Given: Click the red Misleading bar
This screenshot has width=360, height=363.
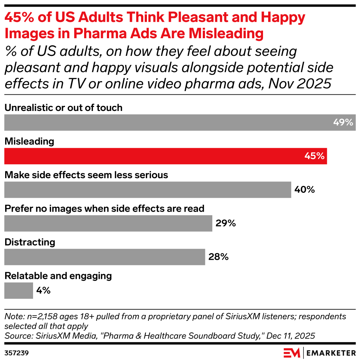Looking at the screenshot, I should tap(165, 156).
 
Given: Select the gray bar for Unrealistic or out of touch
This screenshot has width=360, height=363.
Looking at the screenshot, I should tap(180, 122).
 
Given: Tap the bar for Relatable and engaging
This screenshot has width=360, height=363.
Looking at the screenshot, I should tap(18, 291).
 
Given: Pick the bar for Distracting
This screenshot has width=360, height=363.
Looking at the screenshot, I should tap(104, 257).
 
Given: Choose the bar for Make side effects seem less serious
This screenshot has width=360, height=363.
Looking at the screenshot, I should tap(147, 190).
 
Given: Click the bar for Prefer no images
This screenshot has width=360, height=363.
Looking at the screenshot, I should tap(108, 223).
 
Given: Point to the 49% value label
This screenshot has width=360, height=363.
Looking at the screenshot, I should tap(343, 122).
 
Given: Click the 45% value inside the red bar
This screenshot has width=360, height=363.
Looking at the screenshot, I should tap(314, 156).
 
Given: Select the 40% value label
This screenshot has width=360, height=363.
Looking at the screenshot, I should tap(305, 190).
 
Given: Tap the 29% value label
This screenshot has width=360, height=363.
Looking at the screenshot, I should tap(226, 223).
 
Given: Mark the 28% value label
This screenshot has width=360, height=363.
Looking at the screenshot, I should tap(219, 257).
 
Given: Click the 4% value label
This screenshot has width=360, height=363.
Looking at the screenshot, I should tap(43, 291).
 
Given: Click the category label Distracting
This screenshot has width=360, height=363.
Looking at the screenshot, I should tap(30, 242).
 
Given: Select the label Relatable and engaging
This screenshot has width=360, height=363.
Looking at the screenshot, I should tap(58, 276).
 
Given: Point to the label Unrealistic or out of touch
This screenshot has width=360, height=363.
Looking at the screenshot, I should tap(63, 108).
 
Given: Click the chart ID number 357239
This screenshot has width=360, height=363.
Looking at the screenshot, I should tap(17, 353).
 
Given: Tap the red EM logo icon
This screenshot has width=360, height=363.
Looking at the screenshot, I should tap(292, 353).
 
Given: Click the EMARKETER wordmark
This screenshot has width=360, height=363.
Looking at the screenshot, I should tap(331, 353).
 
